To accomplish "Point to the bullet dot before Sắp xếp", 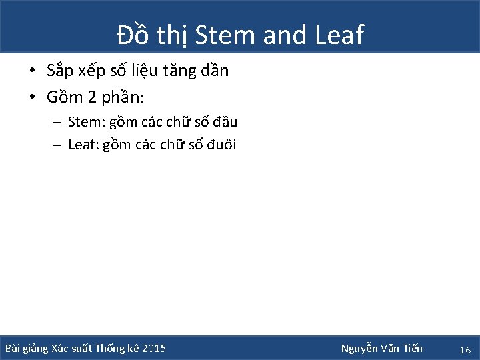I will [32, 71].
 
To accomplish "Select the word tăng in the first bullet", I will [187, 71].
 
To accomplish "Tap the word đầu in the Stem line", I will [225, 122].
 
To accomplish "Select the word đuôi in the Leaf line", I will [223, 144].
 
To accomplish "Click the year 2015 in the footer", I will [155, 349].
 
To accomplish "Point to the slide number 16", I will [465, 349].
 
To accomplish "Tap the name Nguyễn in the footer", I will [359, 349].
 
